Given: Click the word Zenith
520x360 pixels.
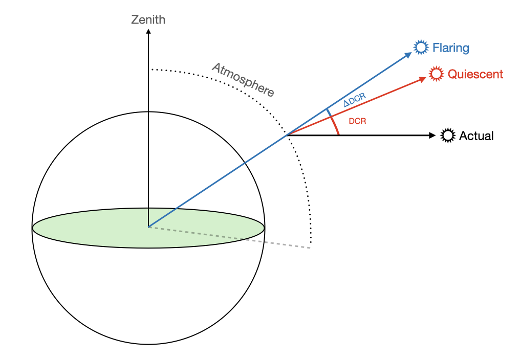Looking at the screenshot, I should [148, 20].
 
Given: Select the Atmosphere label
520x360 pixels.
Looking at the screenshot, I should [244, 80].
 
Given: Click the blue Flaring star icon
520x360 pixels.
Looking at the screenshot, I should [421, 48].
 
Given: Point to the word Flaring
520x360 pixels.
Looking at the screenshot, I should [450, 48].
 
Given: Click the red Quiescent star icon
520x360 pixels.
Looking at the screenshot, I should [436, 74].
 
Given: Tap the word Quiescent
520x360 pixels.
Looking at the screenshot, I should [475, 75].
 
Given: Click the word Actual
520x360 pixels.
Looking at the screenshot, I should [476, 136].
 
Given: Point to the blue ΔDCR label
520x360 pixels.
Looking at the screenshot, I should [354, 100].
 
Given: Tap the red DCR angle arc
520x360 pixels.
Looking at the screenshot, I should [335, 126].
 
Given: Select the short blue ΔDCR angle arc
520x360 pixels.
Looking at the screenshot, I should [329, 112].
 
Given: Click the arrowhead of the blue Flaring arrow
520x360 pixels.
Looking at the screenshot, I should [409, 54].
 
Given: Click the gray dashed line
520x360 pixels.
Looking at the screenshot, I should [230, 237].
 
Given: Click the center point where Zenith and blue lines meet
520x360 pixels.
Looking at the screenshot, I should [148, 227].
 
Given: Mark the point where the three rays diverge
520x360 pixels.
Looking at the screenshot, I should [288, 136].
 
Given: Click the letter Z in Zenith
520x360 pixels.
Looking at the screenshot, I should [135, 20].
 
